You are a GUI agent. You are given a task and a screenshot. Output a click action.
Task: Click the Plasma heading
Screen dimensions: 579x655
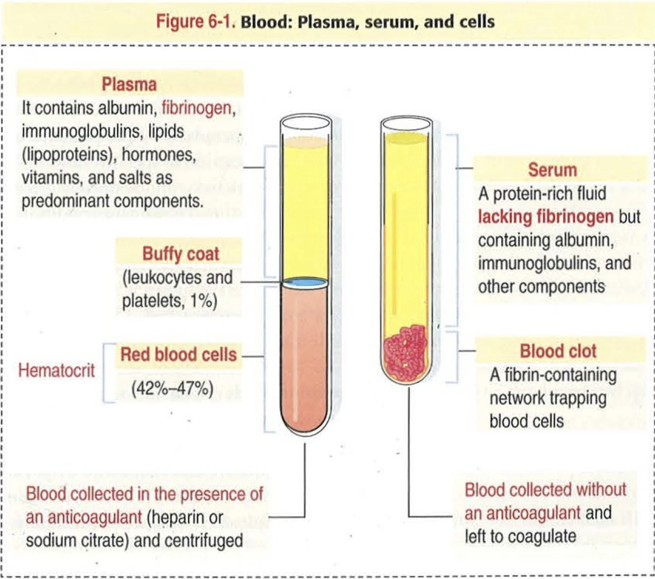[x=129, y=84]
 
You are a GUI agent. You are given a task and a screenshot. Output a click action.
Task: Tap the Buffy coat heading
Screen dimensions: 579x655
[x=181, y=254]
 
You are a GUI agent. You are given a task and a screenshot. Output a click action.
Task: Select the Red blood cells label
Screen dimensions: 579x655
[x=178, y=355]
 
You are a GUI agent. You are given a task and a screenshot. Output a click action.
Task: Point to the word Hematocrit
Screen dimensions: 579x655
[x=57, y=370]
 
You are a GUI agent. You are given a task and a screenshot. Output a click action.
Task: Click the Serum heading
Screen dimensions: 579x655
[x=552, y=170]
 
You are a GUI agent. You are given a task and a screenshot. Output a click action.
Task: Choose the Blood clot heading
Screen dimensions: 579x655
[x=558, y=351]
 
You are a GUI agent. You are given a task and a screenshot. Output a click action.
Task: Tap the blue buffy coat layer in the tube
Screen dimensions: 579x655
[x=305, y=282]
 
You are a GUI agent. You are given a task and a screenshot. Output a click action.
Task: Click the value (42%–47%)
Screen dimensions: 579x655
[x=172, y=388]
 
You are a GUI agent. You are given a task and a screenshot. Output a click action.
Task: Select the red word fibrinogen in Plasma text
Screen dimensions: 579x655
[x=196, y=108]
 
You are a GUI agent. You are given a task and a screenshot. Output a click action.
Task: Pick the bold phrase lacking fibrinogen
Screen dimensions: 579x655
[x=545, y=216]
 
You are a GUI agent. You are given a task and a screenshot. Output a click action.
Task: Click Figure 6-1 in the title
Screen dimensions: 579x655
[x=194, y=22]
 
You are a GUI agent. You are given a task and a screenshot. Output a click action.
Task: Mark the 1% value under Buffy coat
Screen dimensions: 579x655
[x=203, y=301]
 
